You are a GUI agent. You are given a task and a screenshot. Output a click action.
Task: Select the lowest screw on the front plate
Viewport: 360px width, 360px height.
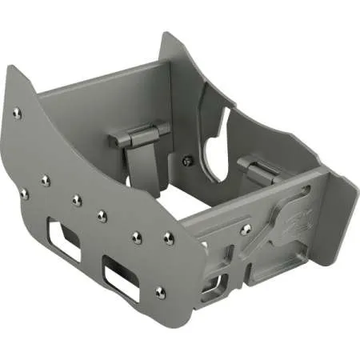[160, 292]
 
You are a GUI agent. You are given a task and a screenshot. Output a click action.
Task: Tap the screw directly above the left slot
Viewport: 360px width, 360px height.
[77, 200]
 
